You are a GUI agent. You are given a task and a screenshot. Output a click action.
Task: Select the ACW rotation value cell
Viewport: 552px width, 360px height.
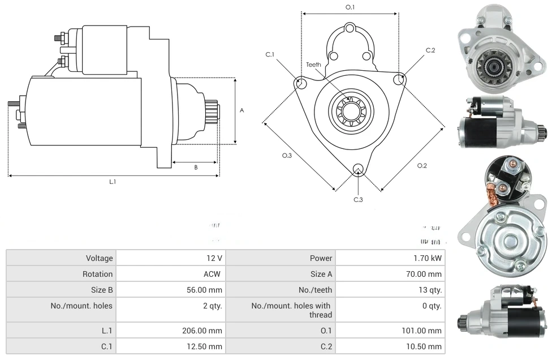tap(214, 274)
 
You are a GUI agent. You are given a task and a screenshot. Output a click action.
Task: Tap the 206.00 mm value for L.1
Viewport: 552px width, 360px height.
tap(206, 331)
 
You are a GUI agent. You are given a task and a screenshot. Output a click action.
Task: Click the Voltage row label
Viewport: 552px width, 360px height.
tap(100, 258)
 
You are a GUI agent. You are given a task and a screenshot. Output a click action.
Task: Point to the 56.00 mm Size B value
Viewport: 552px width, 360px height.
tap(207, 290)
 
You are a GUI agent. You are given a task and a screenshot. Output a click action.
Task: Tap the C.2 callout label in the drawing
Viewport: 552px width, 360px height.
tap(430, 50)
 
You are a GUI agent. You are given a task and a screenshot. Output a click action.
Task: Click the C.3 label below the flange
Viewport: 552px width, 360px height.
tap(358, 200)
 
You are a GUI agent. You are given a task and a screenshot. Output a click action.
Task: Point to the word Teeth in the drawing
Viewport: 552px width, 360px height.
tap(313, 65)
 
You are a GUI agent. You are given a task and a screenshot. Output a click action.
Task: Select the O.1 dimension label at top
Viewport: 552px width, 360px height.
tap(350, 7)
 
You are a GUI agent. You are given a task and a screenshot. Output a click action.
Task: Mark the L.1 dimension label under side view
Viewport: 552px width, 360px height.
tap(113, 182)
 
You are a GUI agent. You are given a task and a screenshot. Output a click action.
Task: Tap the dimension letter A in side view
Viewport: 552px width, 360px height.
tap(241, 111)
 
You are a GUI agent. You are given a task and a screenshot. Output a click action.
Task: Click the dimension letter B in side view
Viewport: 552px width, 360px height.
tap(196, 167)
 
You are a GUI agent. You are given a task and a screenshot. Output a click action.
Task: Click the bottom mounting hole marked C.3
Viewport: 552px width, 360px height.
tap(357, 169)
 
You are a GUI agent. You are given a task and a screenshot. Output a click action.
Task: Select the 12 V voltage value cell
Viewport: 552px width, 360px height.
tap(214, 258)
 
